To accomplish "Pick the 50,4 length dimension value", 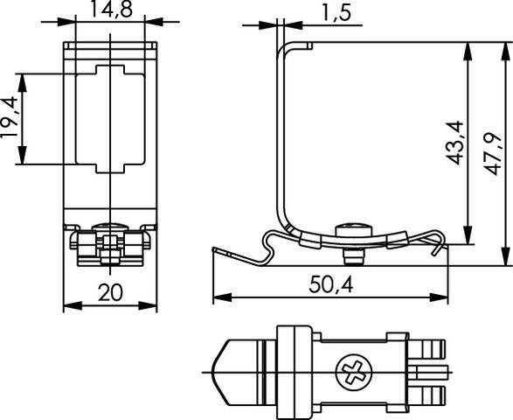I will click(x=330, y=285).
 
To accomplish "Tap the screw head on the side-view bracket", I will click(x=354, y=228).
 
